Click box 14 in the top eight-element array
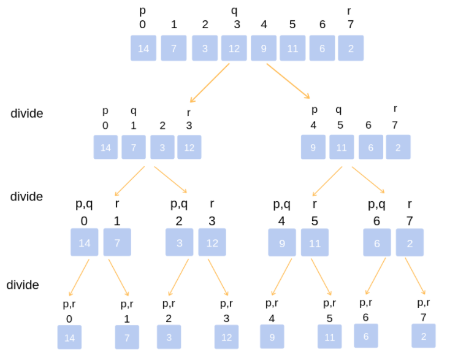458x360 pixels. coord(143,48)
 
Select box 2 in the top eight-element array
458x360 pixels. coord(351,48)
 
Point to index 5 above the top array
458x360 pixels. coord(292,25)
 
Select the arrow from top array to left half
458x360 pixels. coord(210,83)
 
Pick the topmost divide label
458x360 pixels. coord(27,113)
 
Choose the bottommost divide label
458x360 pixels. coord(23,285)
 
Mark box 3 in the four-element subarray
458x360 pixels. coord(162,147)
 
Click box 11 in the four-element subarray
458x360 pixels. coord(342,147)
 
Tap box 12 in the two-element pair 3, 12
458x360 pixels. coord(212,243)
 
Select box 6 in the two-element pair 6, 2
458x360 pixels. coord(377,243)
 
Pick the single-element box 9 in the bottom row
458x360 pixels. coord(272,337)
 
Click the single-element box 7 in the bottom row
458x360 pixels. coord(127,337)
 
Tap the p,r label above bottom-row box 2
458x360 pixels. coord(423,302)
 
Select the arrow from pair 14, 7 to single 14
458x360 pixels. coord(80,277)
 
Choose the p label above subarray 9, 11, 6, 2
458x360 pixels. coord(315,110)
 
